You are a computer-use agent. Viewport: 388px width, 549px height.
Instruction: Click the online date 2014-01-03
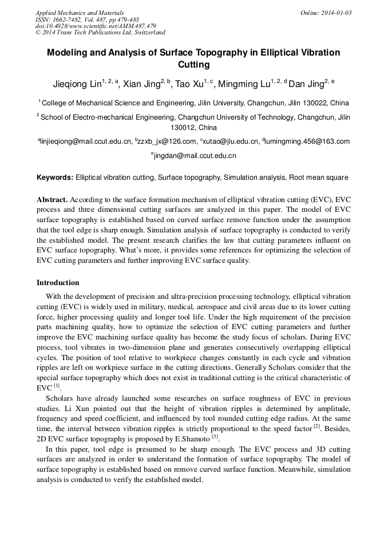pyautogui.click(x=336, y=13)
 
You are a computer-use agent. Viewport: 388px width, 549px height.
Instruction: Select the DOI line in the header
pyautogui.click(x=96, y=26)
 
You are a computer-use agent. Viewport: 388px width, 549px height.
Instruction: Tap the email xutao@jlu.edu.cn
pyautogui.click(x=228, y=141)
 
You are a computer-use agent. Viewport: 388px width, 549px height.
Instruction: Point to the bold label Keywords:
pyautogui.click(x=55, y=178)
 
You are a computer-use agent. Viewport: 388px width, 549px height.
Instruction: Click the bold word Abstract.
pyautogui.click(x=53, y=200)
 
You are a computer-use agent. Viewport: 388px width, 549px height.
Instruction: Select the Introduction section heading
pyautogui.click(x=58, y=283)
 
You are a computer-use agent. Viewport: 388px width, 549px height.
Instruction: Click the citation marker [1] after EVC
pyautogui.click(x=56, y=386)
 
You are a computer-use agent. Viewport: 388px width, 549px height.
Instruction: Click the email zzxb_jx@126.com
pyautogui.click(x=165, y=141)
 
